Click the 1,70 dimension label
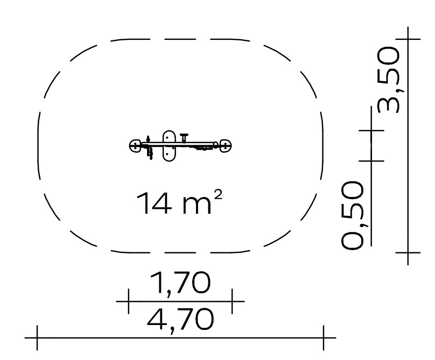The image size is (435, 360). tap(180, 283)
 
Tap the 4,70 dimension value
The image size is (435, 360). tap(180, 319)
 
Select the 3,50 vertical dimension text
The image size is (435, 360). tap(389, 80)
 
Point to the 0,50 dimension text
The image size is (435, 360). tap(352, 215)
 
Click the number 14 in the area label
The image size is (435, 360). tap(155, 203)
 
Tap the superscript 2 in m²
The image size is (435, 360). tap(219, 195)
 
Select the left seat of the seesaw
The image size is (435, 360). tap(135, 146)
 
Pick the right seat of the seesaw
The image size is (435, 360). tap(226, 146)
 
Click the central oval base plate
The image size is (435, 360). tap(169, 146)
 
